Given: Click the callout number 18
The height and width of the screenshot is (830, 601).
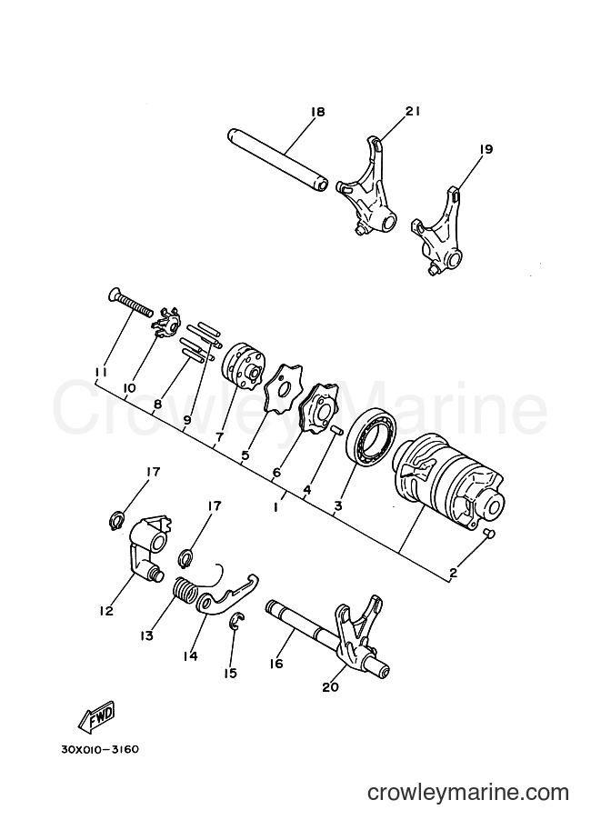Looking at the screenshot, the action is click(317, 112).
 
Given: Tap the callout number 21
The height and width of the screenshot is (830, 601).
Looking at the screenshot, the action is click(413, 111).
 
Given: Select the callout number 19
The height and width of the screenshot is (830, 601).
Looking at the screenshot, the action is click(486, 149).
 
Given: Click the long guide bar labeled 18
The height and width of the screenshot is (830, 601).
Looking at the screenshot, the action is click(276, 162).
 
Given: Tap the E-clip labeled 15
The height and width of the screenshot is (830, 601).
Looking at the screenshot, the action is click(236, 622).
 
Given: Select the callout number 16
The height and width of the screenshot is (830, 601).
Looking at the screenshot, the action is click(275, 664).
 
